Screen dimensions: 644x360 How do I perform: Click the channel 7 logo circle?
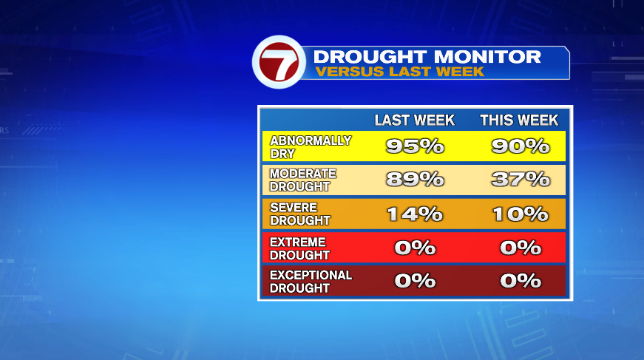(x=279, y=62)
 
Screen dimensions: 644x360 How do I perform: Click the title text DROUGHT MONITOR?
(x=427, y=57)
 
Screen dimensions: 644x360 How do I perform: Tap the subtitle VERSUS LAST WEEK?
(x=399, y=72)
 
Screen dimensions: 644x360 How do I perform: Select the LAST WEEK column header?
(x=414, y=120)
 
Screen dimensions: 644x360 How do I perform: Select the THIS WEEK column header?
(x=519, y=120)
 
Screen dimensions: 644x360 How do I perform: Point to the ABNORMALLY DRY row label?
(x=311, y=147)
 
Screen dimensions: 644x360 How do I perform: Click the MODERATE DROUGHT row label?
(x=303, y=180)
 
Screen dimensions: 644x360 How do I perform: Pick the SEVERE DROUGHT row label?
(x=300, y=214)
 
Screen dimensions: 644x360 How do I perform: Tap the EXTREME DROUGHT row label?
(x=299, y=248)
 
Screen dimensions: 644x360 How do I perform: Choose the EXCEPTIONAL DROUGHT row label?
(x=311, y=282)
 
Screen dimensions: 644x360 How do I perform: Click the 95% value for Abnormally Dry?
(x=415, y=146)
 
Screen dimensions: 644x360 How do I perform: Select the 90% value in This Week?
(x=521, y=146)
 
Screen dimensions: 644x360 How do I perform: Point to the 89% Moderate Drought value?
(x=415, y=180)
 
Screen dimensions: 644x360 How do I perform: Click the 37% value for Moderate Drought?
(x=521, y=180)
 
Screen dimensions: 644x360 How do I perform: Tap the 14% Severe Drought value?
(x=415, y=214)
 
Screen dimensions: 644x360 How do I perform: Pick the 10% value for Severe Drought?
(x=521, y=214)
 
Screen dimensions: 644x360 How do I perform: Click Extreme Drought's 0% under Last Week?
(x=415, y=248)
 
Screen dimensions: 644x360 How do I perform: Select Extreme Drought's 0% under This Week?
(x=521, y=248)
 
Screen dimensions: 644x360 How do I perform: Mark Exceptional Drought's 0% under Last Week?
(x=415, y=281)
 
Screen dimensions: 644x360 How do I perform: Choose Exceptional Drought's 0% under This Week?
(x=521, y=281)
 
